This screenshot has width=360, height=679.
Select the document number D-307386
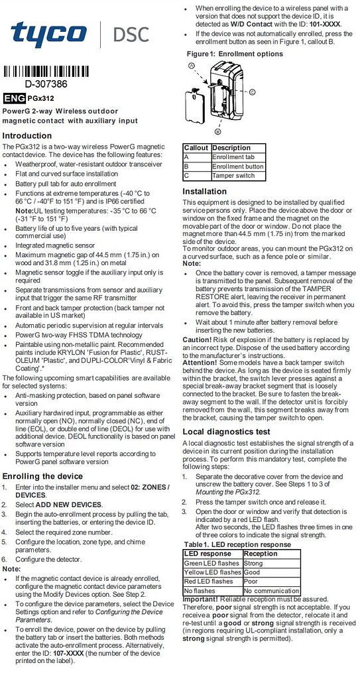pyautogui.click(x=46, y=84)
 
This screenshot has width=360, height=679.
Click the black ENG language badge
pyautogui.click(x=14, y=98)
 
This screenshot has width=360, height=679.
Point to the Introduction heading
pyautogui.click(x=27, y=135)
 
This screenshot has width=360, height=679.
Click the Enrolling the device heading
pyautogui.click(x=43, y=476)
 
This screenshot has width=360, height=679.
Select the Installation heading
pyautogui.click(x=204, y=192)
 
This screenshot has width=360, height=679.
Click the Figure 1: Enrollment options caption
pyautogui.click(x=235, y=54)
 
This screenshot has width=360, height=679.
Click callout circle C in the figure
pyautogui.click(x=251, y=92)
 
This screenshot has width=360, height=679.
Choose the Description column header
pyautogui.click(x=231, y=148)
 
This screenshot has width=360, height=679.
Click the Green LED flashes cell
pyautogui.click(x=212, y=563)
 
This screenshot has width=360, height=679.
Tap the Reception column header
pyautogui.click(x=261, y=554)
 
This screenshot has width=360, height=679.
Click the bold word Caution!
pyautogui.click(x=197, y=339)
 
